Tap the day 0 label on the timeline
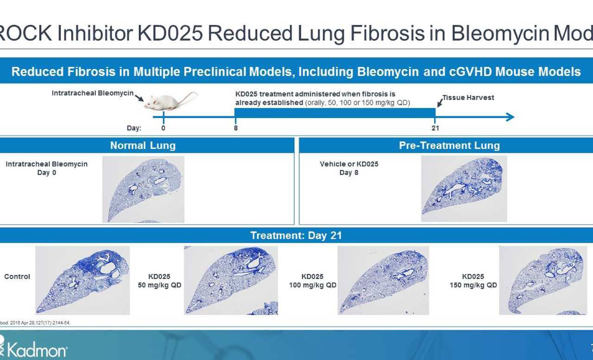(x=164, y=128)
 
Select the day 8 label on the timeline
(x=236, y=128)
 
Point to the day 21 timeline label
(x=435, y=128)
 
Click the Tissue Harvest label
(x=468, y=98)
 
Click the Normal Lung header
(x=143, y=145)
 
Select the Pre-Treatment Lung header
(x=449, y=145)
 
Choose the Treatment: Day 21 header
(x=296, y=235)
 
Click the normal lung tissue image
(x=143, y=189)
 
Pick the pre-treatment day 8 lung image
(x=464, y=188)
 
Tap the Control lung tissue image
(x=82, y=280)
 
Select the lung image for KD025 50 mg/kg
(x=231, y=280)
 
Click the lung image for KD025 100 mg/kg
(x=383, y=280)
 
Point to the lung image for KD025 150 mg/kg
(x=543, y=280)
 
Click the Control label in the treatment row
(x=17, y=277)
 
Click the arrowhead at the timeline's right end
(x=510, y=117)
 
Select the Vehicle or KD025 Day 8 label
(x=349, y=168)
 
